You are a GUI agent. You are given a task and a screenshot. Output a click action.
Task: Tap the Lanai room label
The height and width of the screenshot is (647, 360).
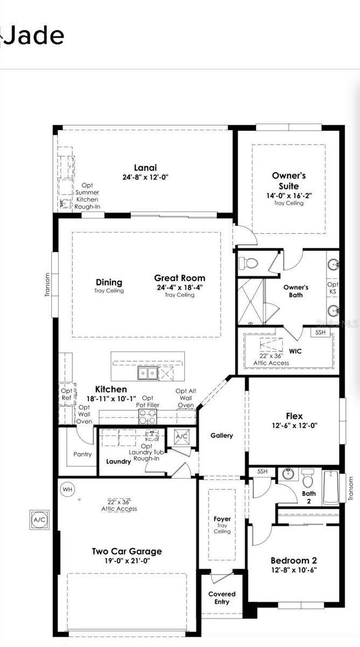(x=146, y=167)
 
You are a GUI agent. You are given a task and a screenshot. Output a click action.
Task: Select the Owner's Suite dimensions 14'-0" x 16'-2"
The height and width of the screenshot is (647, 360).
(x=289, y=196)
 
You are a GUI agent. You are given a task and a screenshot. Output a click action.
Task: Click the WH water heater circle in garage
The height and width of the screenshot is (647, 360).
(x=67, y=489)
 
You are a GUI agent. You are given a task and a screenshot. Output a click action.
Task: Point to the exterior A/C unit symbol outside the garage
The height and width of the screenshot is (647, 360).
(x=39, y=520)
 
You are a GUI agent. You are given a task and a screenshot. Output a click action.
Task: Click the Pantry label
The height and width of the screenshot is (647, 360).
(x=82, y=454)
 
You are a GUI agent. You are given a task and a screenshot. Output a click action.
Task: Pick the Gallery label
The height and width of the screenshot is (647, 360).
(x=221, y=435)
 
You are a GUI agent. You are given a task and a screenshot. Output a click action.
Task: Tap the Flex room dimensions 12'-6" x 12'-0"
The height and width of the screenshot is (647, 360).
(x=294, y=425)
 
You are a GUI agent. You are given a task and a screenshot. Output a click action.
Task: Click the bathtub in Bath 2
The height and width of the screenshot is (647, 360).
(x=330, y=488)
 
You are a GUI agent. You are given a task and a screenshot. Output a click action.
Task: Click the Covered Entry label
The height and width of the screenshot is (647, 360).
(x=222, y=597)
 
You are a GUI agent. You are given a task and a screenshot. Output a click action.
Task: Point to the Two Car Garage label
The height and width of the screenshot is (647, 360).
(x=127, y=551)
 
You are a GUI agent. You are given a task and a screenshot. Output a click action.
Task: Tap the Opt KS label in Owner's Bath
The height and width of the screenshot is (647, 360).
(x=333, y=288)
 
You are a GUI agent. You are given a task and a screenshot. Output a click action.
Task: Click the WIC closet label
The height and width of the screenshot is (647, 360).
(x=295, y=351)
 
